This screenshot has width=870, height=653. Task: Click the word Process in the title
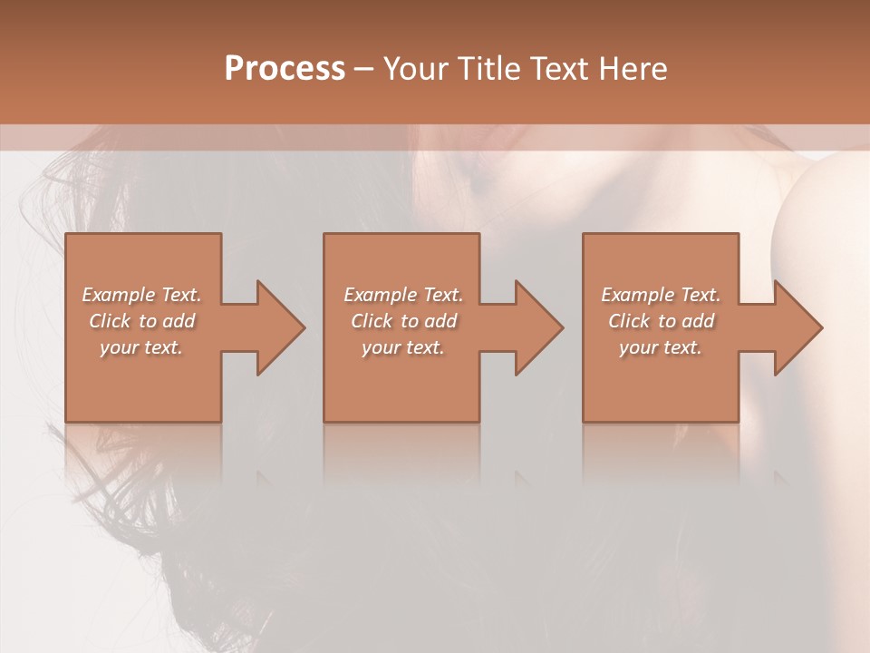click(285, 69)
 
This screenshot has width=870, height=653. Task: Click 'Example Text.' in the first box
click(141, 295)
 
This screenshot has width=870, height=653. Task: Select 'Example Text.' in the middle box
click(402, 295)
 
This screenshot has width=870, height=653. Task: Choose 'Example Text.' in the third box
click(661, 295)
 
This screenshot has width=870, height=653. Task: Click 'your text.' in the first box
click(141, 347)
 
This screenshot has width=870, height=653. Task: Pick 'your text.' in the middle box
click(402, 347)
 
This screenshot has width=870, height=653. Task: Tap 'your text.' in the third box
click(661, 347)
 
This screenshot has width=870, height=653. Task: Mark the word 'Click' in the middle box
click(372, 321)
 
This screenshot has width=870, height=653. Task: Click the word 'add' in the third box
click(699, 321)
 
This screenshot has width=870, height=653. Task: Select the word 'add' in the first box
click(179, 321)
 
